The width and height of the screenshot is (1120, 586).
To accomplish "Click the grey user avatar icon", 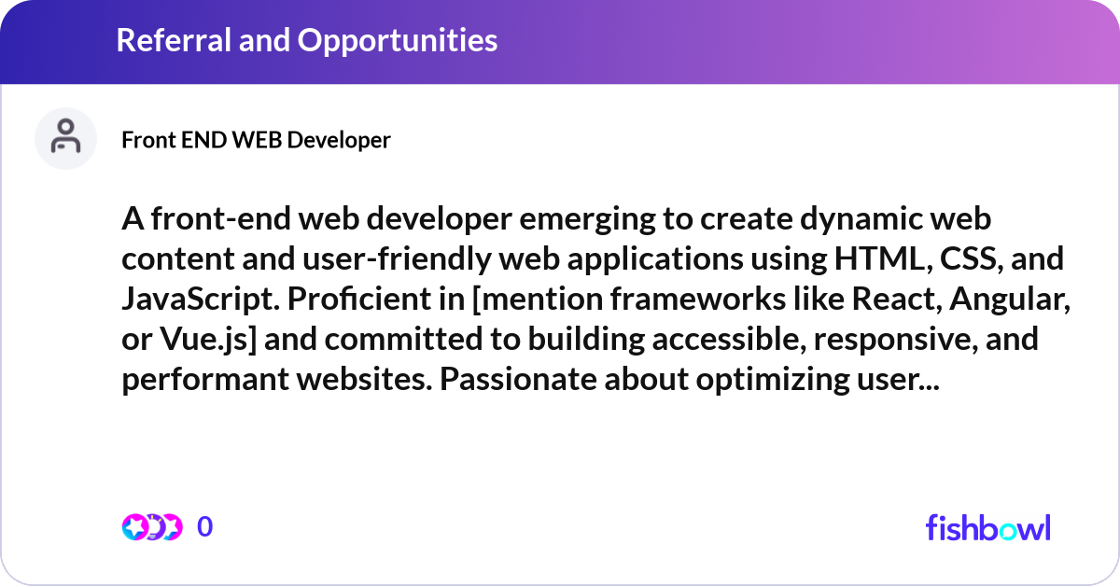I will (65, 138).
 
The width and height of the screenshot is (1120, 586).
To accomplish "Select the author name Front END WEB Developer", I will (256, 140).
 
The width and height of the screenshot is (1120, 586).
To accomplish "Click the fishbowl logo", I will (987, 527).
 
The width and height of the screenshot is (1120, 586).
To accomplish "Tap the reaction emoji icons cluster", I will (151, 527).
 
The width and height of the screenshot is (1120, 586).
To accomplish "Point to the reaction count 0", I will (205, 527).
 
